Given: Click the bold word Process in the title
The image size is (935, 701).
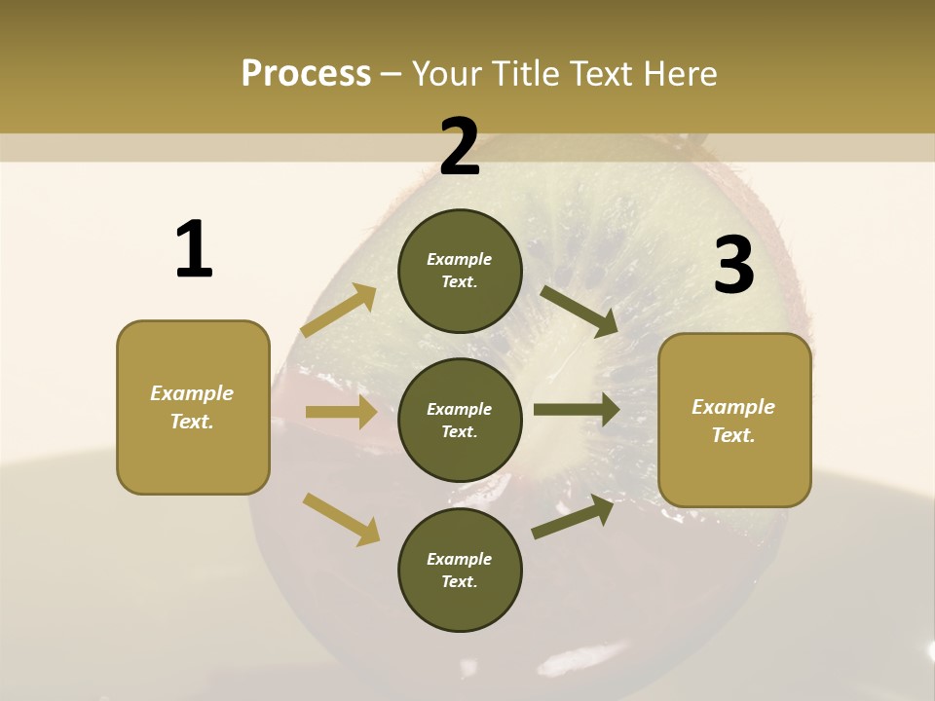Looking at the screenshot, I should pyautogui.click(x=306, y=74).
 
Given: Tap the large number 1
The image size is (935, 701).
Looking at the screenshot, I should pyautogui.click(x=194, y=250).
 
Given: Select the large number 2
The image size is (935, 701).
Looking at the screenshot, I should pyautogui.click(x=460, y=146).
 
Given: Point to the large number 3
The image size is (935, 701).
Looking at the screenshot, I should pyautogui.click(x=733, y=266).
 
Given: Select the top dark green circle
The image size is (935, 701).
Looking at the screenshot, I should pyautogui.click(x=460, y=271).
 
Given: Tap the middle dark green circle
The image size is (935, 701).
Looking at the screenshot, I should pyautogui.click(x=460, y=420).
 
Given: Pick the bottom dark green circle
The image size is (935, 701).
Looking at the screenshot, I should pyautogui.click(x=460, y=570).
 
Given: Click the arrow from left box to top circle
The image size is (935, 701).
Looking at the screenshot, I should pyautogui.click(x=339, y=311).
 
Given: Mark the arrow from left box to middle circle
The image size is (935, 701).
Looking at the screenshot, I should pyautogui.click(x=341, y=412).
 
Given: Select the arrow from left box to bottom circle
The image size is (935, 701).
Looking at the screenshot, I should pyautogui.click(x=341, y=519).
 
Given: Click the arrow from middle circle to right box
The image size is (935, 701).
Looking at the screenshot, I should pyautogui.click(x=577, y=409).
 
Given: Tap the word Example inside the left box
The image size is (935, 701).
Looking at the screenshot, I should pyautogui.click(x=192, y=393).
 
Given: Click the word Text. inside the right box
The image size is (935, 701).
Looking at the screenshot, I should pyautogui.click(x=733, y=435).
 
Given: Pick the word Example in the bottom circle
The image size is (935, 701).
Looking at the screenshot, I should pyautogui.click(x=459, y=559).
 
